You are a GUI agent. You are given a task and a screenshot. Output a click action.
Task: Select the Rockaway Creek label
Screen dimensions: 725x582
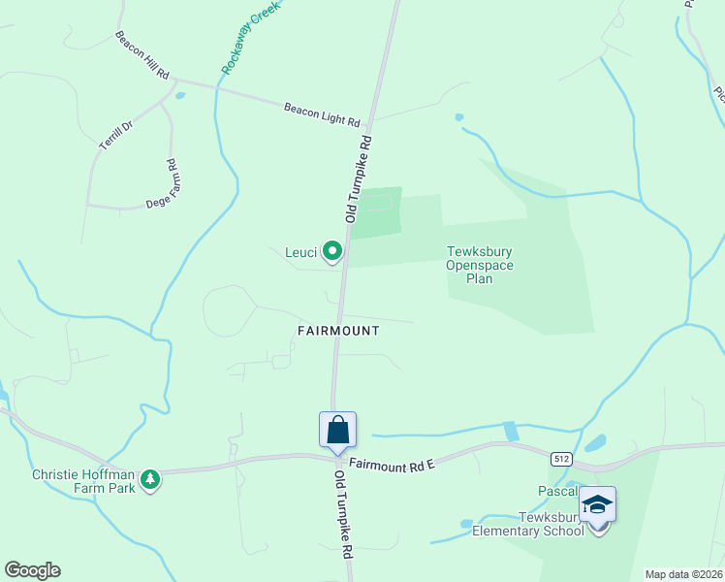coord(250,38)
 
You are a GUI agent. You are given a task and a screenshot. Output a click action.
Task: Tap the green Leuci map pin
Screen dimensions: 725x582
coord(332,252)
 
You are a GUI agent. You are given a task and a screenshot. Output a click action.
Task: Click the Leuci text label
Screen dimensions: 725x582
coord(300,254)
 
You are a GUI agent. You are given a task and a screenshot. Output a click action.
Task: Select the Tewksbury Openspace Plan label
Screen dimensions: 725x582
coord(480,265)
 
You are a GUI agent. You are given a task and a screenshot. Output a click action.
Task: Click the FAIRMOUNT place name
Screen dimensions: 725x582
coord(337,331)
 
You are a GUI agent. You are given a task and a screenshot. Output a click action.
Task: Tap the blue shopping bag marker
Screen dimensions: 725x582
coord(337,431)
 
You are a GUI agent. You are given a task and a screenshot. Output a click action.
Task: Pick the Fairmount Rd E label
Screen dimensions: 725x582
coord(394,467)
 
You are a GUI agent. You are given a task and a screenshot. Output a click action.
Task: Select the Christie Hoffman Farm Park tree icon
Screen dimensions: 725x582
coord(150,479)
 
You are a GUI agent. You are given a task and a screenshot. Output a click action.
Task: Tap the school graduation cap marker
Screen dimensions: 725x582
coord(597,504)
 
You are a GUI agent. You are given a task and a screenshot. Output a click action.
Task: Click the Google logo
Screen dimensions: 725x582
coord(32,570)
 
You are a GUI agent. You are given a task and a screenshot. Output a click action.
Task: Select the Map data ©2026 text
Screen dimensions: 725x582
coord(684,574)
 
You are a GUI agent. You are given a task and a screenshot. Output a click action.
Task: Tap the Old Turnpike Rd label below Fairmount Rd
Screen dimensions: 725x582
coord(342,515)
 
